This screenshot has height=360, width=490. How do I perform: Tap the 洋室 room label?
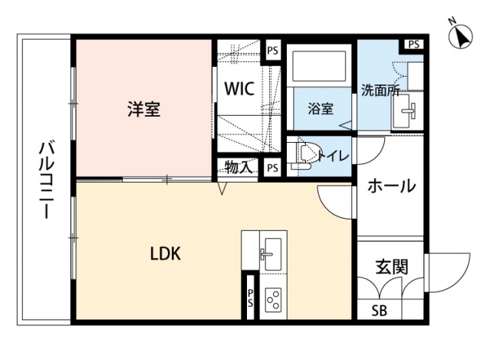pos(143,109)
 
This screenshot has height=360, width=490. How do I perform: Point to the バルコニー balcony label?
pos(45,179)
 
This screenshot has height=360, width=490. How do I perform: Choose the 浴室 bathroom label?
pos(321,108)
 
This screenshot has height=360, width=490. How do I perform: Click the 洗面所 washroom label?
pos(380,90)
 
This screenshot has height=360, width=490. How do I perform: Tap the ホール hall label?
pos(390,186)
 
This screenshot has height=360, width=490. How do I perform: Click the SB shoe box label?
pos(379,311)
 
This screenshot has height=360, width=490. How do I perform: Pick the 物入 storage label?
pos(238,167)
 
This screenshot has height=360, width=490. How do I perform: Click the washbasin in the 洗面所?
pos(404,115)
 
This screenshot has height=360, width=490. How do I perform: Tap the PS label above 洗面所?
pos(413,44)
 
